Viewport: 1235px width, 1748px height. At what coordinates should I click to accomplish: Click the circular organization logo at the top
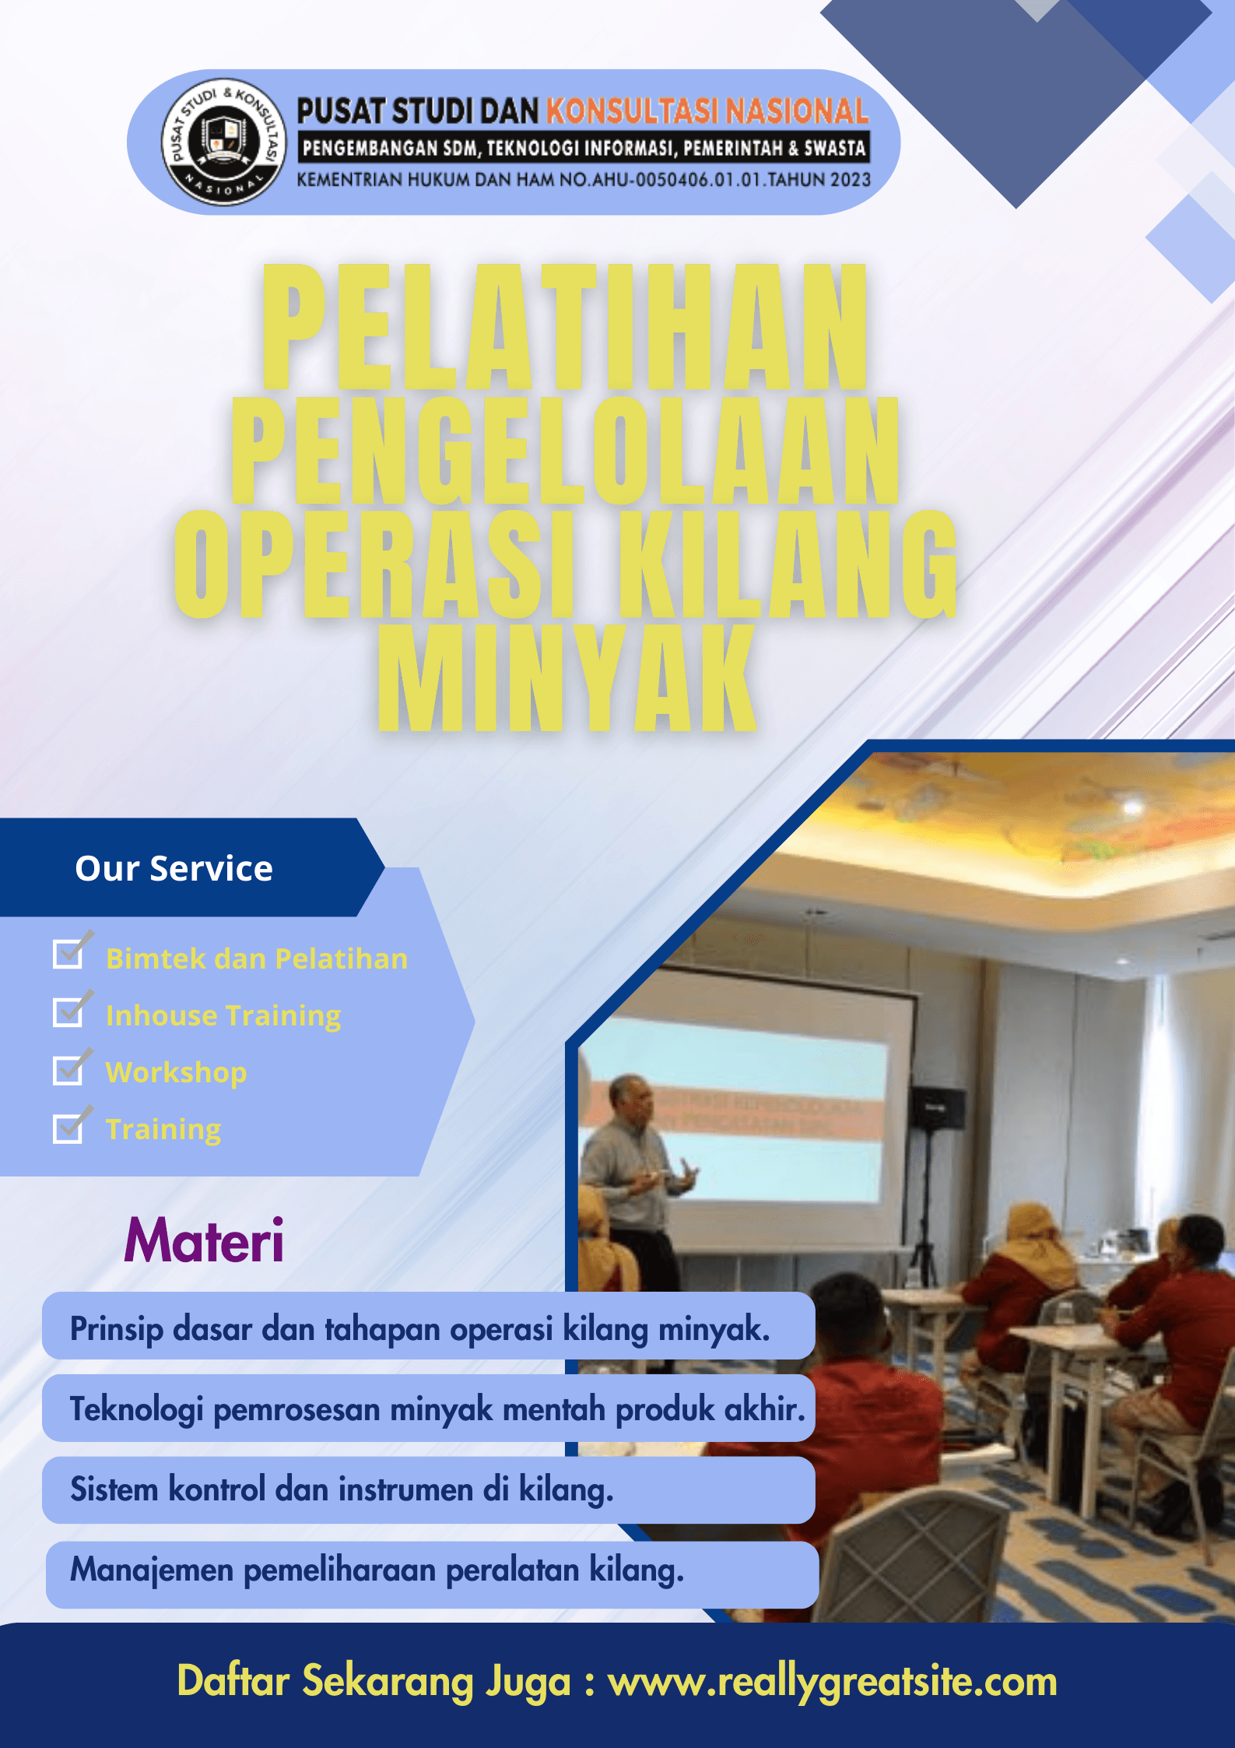coord(223,142)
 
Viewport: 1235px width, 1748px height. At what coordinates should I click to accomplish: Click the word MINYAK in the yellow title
coord(567,679)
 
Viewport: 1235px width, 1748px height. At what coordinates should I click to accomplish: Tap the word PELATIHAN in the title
coord(564,327)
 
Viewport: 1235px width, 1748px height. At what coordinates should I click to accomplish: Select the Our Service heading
coord(174,868)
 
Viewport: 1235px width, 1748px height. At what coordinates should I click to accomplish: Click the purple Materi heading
coord(204,1240)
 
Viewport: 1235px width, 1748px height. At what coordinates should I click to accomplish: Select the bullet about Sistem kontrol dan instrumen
coord(342,1489)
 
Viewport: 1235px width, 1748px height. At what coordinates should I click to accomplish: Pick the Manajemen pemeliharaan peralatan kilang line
coord(377,1570)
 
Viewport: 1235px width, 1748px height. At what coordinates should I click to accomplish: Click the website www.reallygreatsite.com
coord(832,1681)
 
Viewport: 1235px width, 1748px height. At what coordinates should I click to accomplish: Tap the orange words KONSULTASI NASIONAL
coord(707,111)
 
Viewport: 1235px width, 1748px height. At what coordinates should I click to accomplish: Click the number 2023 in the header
coord(850,180)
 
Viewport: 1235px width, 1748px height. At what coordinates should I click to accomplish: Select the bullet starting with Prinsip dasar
coord(420,1328)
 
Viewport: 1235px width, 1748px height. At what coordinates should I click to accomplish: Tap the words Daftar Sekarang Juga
coord(374,1681)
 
